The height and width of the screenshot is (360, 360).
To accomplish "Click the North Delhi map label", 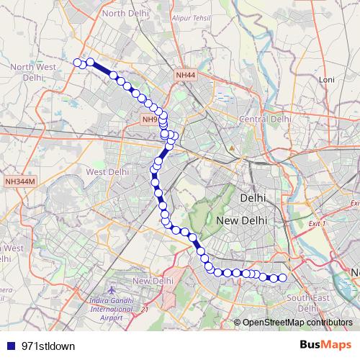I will [x=125, y=13].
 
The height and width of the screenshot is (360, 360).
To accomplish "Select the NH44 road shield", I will [x=184, y=74].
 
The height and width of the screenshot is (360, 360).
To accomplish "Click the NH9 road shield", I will [x=149, y=120].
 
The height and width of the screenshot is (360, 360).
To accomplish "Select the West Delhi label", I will [x=107, y=172].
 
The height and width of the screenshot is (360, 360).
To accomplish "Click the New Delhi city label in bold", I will [x=242, y=220].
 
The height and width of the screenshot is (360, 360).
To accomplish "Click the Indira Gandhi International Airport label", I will [x=106, y=307].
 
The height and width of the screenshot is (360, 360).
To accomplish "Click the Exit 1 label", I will [x=317, y=224].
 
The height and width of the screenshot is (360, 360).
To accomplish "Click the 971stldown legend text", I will [x=49, y=346].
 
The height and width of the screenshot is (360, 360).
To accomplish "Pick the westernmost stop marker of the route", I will [x=77, y=63].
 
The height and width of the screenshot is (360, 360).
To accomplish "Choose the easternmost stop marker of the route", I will [x=282, y=278].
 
